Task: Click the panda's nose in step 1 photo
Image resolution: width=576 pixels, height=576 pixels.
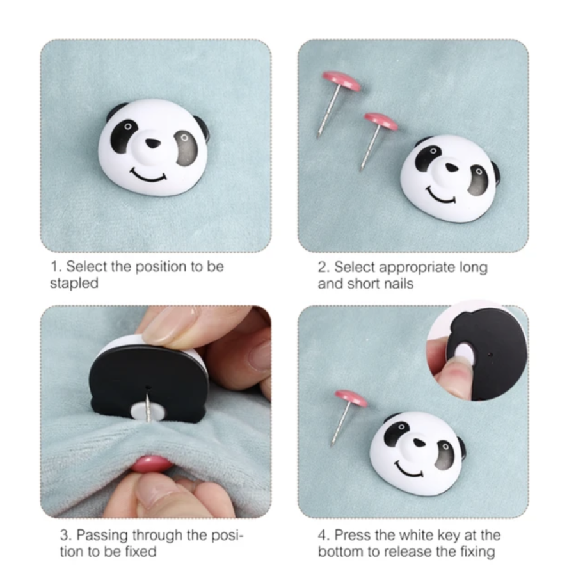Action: pyautogui.click(x=152, y=143)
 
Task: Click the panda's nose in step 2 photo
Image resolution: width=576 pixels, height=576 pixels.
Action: pyautogui.click(x=452, y=168)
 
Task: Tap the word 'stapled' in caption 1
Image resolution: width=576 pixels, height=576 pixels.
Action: pyautogui.click(x=74, y=284)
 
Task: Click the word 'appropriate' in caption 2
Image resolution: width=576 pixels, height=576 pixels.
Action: pyautogui.click(x=417, y=267)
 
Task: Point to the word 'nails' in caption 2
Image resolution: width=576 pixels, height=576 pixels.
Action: pyautogui.click(x=398, y=284)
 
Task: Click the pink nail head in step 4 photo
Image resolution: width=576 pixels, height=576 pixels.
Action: pyautogui.click(x=351, y=398)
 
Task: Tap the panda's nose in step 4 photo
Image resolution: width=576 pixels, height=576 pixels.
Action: pyautogui.click(x=419, y=442)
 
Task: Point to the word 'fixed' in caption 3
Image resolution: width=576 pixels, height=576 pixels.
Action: pyautogui.click(x=141, y=552)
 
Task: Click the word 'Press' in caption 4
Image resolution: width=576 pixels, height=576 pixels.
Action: pyautogui.click(x=352, y=535)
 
